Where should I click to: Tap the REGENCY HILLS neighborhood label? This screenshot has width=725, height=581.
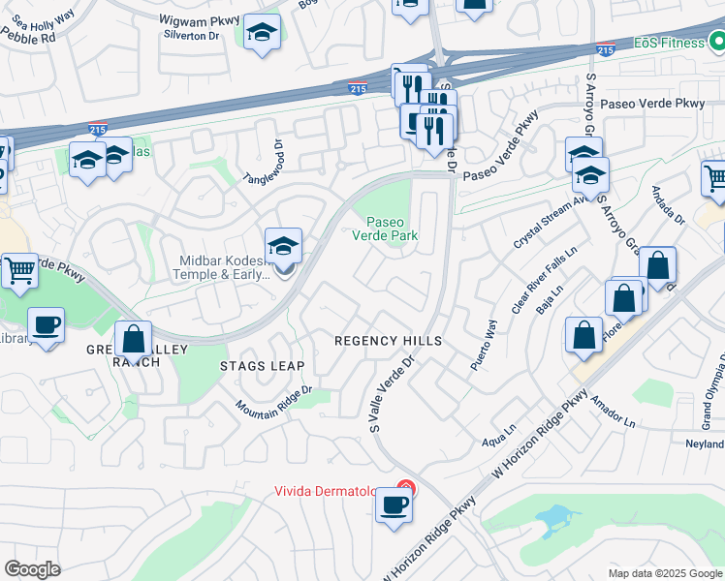[388, 341]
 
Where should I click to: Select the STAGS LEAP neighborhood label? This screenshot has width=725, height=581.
[262, 366]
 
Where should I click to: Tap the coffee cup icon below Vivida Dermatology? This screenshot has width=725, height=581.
[394, 506]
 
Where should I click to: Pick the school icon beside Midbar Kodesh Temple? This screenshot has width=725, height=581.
[284, 246]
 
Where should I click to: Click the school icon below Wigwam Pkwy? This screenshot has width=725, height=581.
[262, 34]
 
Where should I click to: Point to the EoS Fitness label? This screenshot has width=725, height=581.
[669, 43]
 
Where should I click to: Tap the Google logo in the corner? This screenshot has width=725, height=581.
[32, 569]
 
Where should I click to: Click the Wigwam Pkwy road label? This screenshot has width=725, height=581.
[193, 17]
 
